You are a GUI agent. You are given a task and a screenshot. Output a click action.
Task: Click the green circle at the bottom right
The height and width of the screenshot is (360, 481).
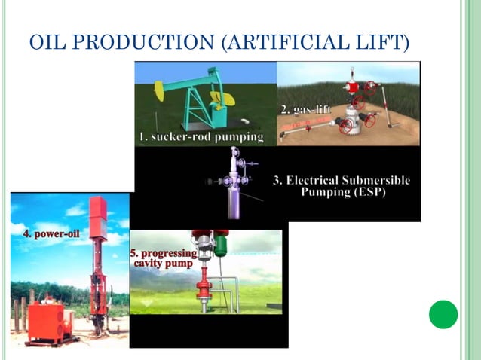443,314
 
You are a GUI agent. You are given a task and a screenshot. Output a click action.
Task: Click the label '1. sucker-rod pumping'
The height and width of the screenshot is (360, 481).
201,136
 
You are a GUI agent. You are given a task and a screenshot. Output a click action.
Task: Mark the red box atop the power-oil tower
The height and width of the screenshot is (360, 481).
98,214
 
